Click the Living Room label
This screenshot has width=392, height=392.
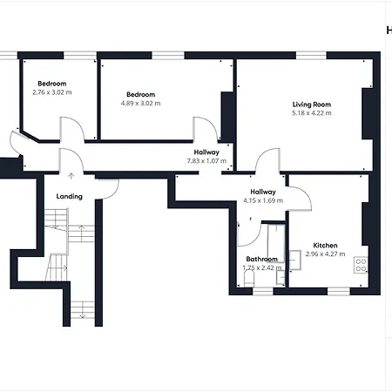312,105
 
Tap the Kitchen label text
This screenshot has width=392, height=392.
325,245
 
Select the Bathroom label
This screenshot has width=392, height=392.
261,259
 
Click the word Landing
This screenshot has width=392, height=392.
69,197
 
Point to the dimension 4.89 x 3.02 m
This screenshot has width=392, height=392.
140,103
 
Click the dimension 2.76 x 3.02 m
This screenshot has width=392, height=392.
52,92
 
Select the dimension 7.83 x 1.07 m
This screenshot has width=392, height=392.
206,161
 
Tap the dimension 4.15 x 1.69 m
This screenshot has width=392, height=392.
263,200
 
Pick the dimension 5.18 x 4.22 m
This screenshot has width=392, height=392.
312,113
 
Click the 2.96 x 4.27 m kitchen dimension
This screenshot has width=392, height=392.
325,253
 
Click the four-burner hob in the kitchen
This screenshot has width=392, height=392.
361,265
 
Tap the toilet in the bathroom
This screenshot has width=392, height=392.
249,279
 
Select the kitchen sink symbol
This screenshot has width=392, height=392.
294,260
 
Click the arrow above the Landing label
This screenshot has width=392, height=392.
71,176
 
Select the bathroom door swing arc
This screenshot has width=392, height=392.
255,239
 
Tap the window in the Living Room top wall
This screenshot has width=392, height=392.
311,56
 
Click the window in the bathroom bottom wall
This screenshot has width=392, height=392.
263,291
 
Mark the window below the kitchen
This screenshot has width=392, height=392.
339,291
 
